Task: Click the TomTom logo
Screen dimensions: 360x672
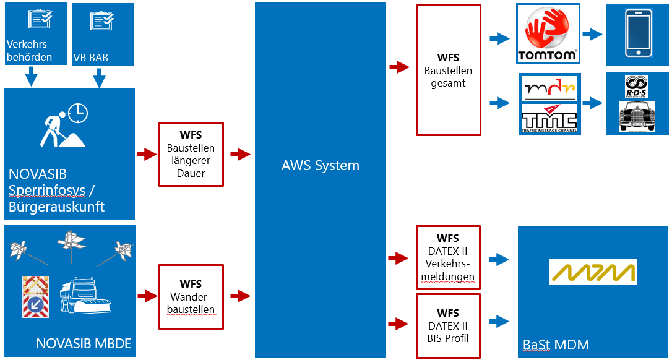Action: pyautogui.click(x=548, y=34)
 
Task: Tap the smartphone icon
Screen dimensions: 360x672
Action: pyautogui.click(x=637, y=35)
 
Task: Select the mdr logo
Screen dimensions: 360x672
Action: pyautogui.click(x=549, y=88)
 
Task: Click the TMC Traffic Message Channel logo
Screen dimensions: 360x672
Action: pyautogui.click(x=549, y=118)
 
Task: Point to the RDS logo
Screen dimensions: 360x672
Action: pyautogui.click(x=637, y=87)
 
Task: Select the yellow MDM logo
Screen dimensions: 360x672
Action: pyautogui.click(x=593, y=272)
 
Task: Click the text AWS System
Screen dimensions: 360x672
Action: pyautogui.click(x=320, y=166)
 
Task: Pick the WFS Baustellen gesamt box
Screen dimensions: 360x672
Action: pyautogui.click(x=448, y=71)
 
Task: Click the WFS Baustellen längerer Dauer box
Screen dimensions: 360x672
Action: pyautogui.click(x=191, y=154)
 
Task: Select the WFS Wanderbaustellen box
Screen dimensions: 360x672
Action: pyautogui.click(x=191, y=296)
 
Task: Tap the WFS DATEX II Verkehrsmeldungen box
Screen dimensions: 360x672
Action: pyautogui.click(x=448, y=258)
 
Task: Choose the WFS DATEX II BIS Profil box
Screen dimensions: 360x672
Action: pyautogui.click(x=448, y=326)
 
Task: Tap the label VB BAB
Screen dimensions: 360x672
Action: pyautogui.click(x=90, y=58)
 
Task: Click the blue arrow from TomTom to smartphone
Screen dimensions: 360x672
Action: pyautogui.click(x=592, y=35)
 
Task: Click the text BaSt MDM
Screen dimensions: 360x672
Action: pyautogui.click(x=556, y=345)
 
